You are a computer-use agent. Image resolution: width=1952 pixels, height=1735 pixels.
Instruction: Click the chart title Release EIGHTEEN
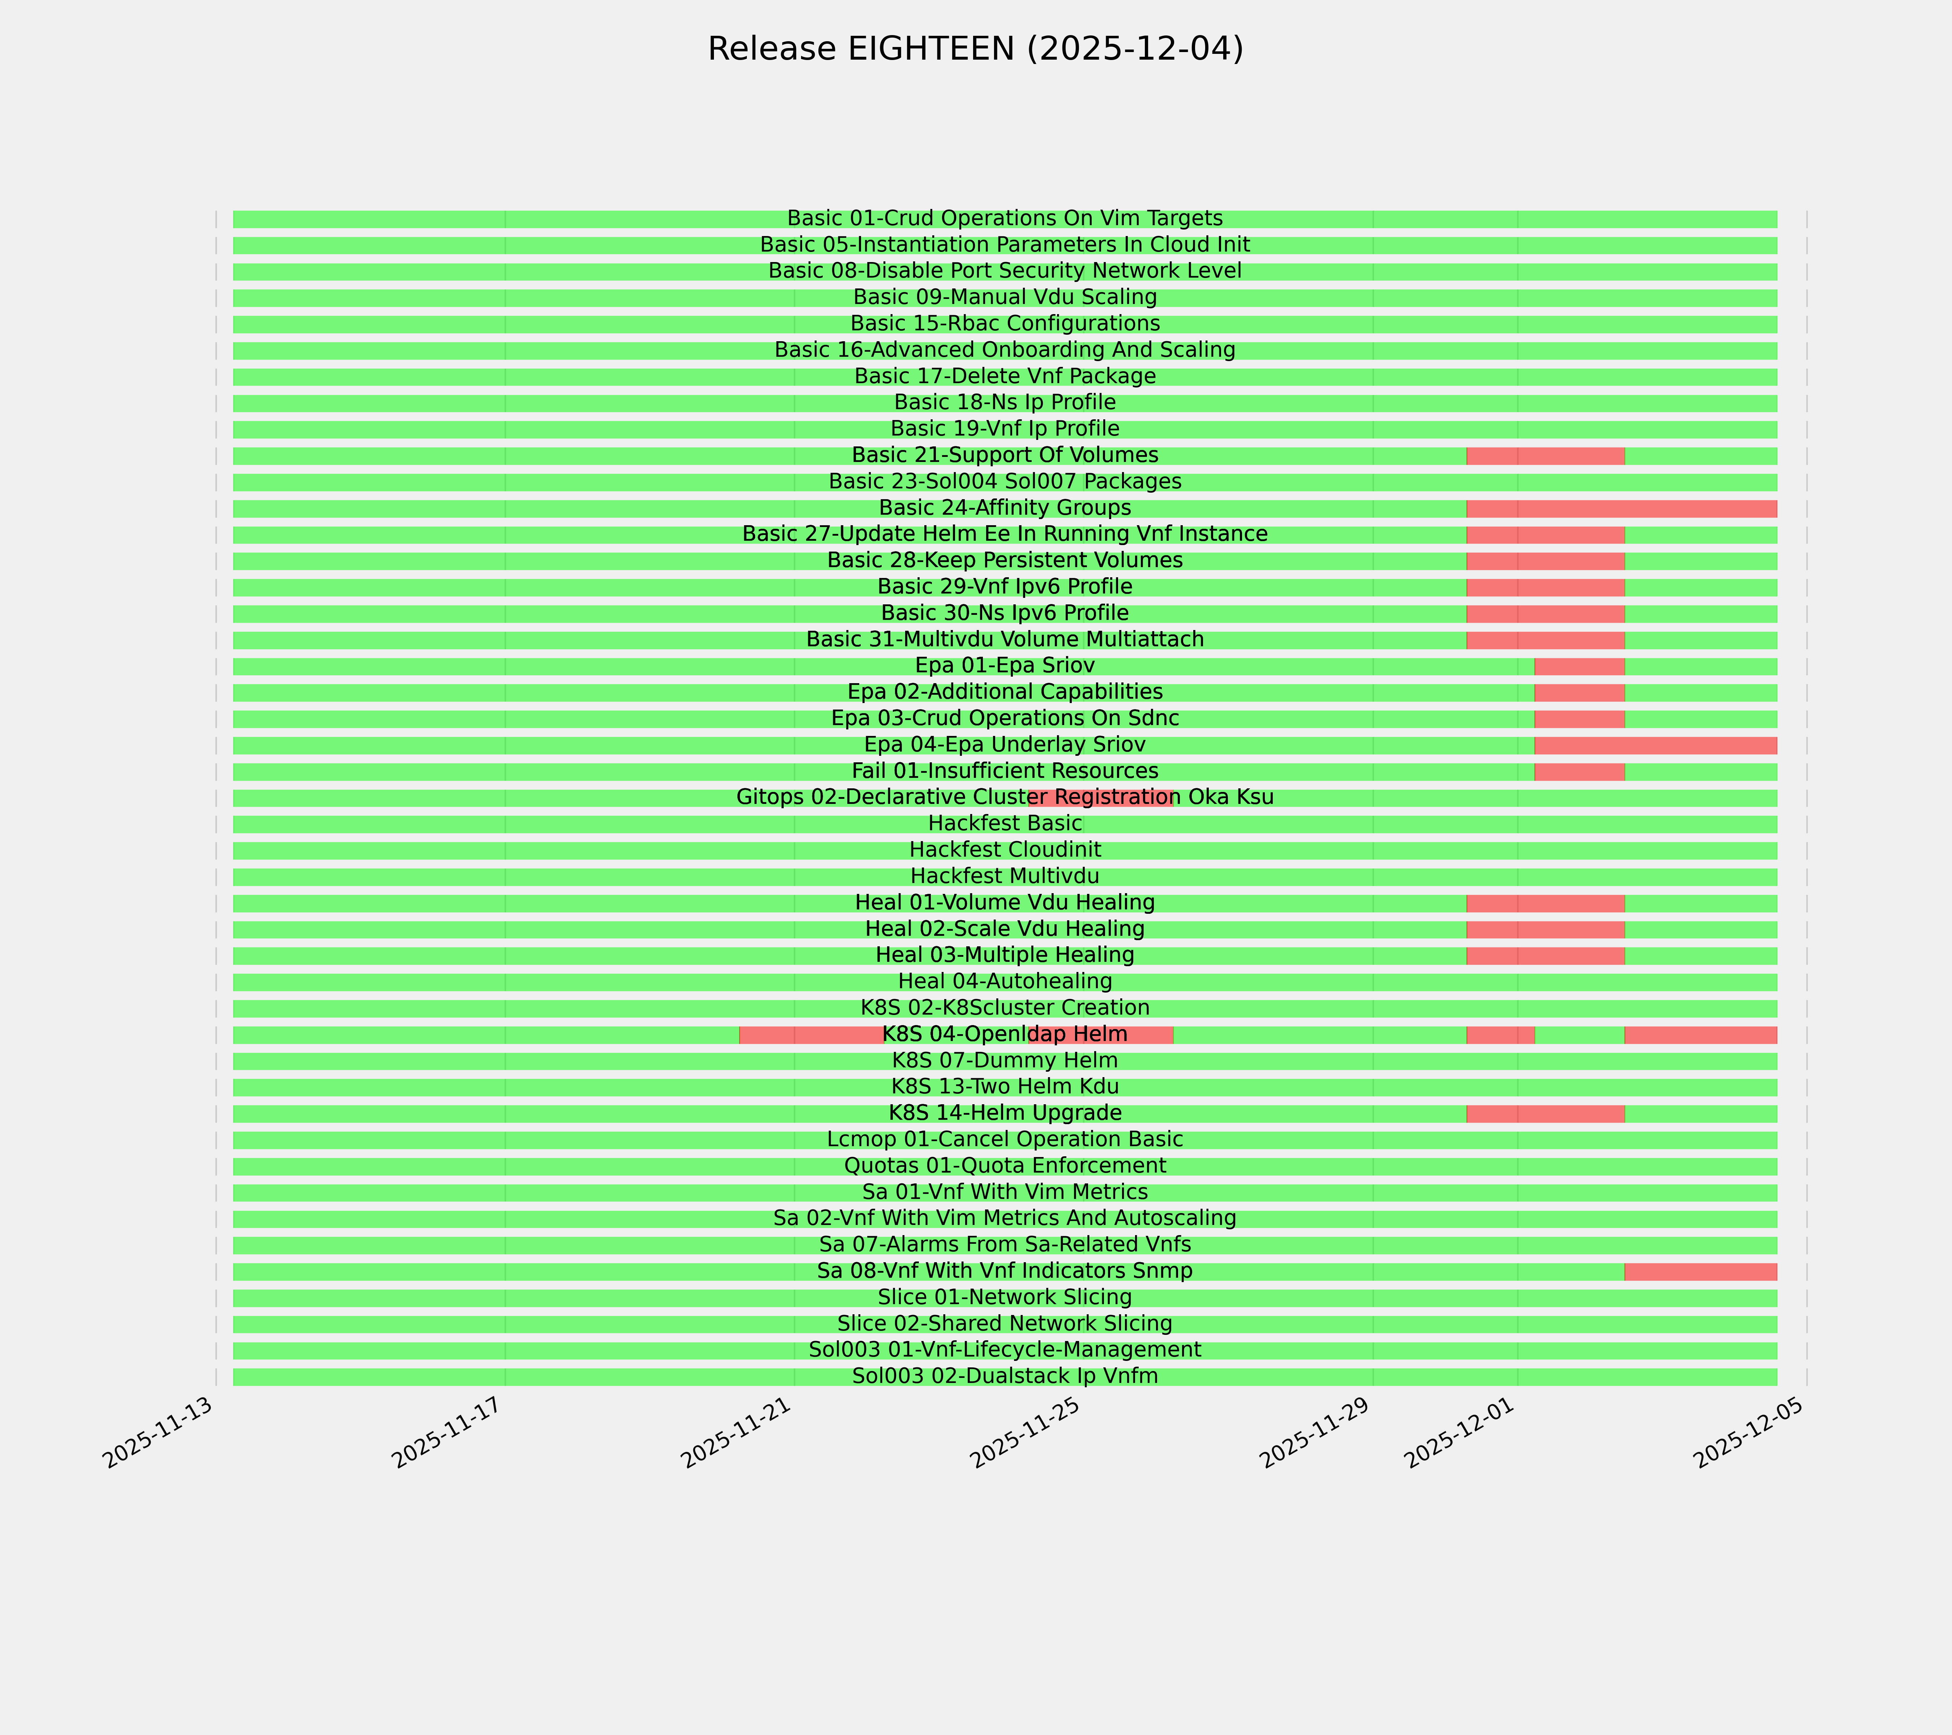975,49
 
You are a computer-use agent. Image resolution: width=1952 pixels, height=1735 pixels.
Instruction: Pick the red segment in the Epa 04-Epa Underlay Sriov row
1655,745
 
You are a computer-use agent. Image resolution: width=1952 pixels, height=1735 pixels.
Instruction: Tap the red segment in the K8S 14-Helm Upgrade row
1545,1113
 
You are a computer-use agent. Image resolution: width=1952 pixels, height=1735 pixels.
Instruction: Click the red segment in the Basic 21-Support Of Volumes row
1545,455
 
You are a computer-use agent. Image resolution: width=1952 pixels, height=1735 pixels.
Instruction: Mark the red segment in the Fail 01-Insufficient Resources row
1580,772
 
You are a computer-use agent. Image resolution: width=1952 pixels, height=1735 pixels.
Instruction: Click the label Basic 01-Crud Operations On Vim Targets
1005,219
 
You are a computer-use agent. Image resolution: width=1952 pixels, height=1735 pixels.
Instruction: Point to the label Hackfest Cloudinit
1005,850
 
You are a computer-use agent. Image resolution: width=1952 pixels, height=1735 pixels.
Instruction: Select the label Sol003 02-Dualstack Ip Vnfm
1005,1376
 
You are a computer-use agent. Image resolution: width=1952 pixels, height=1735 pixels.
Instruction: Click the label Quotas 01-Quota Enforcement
1005,1166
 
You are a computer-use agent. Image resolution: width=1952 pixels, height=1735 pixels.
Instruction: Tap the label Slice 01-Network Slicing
1005,1298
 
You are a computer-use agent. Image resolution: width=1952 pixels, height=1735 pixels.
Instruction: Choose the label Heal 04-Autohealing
1005,982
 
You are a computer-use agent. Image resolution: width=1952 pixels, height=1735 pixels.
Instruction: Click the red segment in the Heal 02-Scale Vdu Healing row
1545,929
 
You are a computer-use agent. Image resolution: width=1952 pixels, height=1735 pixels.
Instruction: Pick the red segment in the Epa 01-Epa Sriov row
1580,667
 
